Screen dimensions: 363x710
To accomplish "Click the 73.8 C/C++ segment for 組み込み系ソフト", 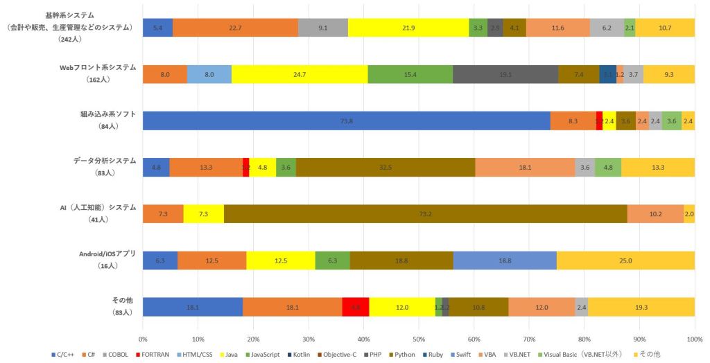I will click(x=347, y=121).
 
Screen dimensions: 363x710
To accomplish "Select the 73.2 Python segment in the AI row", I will click(x=425, y=213).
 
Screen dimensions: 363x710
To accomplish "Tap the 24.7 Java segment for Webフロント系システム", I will click(x=300, y=73).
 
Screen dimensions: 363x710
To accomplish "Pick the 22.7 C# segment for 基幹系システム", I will click(x=235, y=28).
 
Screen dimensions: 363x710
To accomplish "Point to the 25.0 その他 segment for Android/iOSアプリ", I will click(x=625, y=260).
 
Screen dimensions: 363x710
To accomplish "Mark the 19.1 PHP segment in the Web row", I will click(x=505, y=73).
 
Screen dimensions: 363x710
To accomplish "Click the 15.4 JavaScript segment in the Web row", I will click(x=410, y=73).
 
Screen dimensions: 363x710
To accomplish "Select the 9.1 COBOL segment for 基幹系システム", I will click(x=323, y=28).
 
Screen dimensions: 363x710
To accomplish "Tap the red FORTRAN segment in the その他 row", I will click(x=356, y=307).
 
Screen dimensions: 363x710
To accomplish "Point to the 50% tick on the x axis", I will click(x=419, y=339).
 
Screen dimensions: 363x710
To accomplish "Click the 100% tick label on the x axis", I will click(x=694, y=339).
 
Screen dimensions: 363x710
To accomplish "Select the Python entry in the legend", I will click(x=408, y=355).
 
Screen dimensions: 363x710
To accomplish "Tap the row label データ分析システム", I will click(x=105, y=160).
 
